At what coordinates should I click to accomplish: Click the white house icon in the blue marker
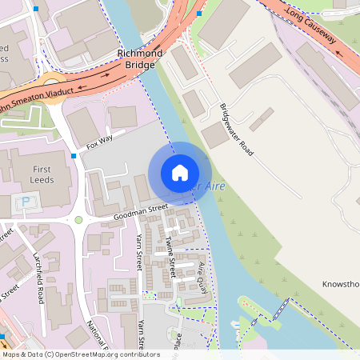click(180, 173)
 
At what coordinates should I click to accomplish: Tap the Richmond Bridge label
click(139, 60)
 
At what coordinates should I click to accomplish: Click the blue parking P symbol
click(26, 202)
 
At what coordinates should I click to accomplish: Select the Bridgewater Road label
click(235, 130)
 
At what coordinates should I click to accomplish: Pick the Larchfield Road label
click(41, 280)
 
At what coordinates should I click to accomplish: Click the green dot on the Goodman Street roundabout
click(78, 219)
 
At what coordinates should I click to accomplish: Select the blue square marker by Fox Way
click(74, 155)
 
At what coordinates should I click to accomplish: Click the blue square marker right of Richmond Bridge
click(199, 14)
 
